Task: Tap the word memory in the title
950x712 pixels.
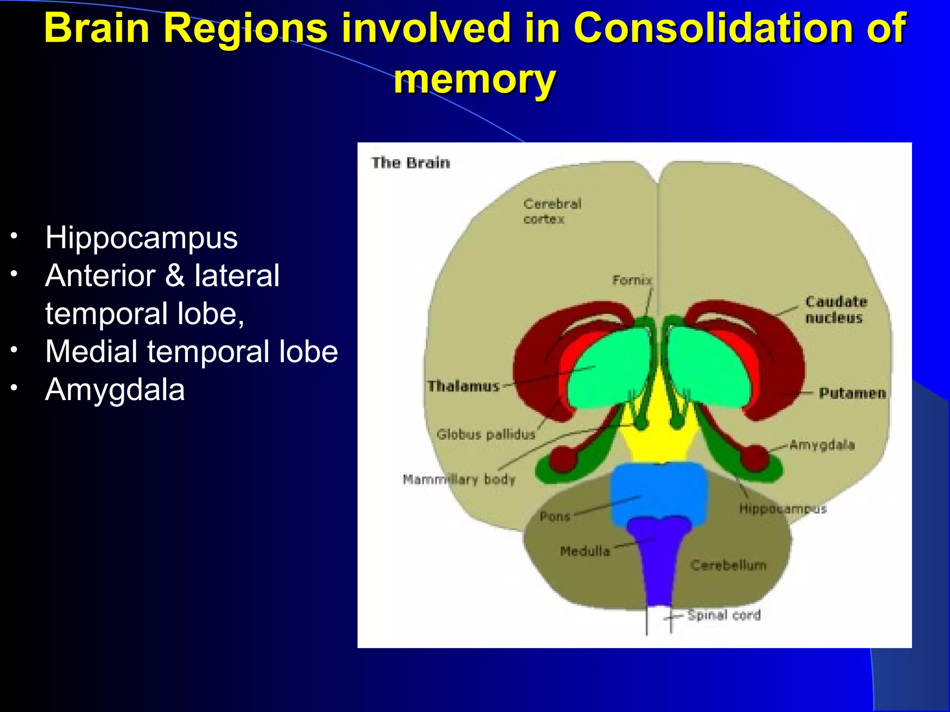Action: click(475, 80)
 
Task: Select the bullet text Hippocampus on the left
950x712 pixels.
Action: click(141, 238)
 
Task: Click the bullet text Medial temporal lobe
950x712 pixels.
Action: click(192, 351)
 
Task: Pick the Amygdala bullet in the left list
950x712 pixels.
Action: click(115, 389)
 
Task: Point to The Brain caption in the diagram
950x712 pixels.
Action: click(411, 163)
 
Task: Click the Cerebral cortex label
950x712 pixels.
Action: click(552, 211)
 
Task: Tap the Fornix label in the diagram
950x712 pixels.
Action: click(632, 280)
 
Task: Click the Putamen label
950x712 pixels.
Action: click(852, 394)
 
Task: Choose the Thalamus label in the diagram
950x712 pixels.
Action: click(463, 386)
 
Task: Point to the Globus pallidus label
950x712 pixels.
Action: click(486, 434)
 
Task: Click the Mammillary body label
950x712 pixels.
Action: click(459, 479)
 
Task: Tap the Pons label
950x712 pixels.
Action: click(554, 516)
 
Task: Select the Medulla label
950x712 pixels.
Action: click(584, 551)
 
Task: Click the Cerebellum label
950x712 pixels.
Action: click(728, 565)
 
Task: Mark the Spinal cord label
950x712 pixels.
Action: click(724, 615)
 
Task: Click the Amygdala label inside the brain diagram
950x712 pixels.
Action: click(822, 445)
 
